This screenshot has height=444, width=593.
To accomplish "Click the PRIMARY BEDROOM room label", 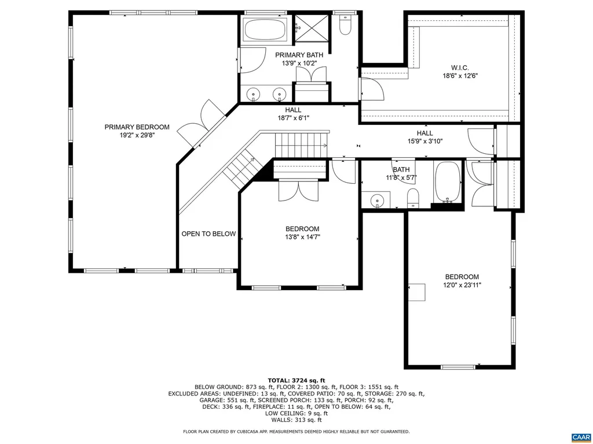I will (137, 127).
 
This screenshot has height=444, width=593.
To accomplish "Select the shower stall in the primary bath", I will (312, 27).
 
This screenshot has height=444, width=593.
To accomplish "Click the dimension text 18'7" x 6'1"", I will (293, 118).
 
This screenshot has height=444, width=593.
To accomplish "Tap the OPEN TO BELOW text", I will (208, 234).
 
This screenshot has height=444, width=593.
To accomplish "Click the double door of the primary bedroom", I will (200, 121).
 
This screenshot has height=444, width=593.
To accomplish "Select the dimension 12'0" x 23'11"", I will (462, 285).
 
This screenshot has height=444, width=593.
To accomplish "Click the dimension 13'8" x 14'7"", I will (302, 236).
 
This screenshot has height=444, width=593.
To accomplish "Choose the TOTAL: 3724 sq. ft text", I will (296, 379).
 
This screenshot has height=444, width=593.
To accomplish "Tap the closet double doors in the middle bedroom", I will (298, 191).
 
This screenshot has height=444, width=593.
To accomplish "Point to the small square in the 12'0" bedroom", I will (416, 292).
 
